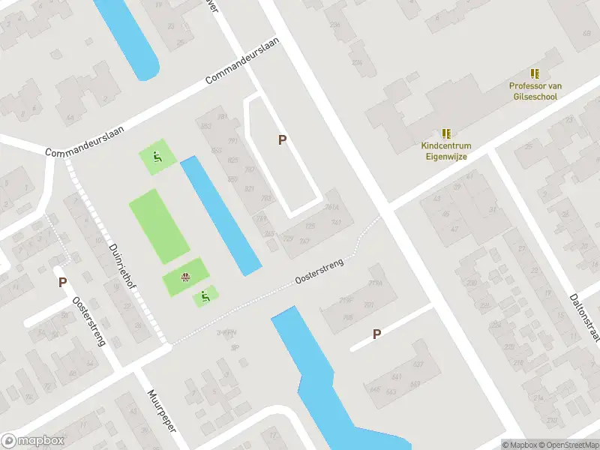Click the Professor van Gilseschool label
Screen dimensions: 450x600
535,91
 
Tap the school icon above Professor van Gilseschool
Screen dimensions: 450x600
535,73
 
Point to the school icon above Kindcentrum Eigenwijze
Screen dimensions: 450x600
446,133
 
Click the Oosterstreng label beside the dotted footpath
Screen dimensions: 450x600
319,271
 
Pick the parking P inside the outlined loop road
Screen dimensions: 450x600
283,139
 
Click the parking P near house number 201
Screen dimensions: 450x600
376,334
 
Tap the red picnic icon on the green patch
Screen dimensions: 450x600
184,280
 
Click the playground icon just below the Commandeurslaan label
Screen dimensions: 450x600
157,157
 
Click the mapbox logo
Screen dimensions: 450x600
33,441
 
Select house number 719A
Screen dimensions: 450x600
375,283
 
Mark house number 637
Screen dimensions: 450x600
418,364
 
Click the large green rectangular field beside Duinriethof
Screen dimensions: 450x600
159,226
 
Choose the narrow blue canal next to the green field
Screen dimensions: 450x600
220,214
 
